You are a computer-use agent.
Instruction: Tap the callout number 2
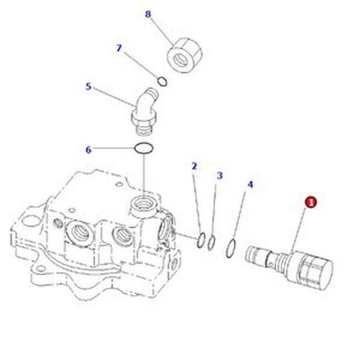coord(194,166)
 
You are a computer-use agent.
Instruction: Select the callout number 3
coord(220,175)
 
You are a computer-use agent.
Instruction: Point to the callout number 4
coord(251,184)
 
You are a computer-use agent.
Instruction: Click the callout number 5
coord(88,86)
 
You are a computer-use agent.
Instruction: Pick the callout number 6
coord(88,149)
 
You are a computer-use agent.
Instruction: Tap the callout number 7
coord(119,48)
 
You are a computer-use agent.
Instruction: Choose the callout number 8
coord(148,14)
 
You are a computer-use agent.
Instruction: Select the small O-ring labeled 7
coord(163,81)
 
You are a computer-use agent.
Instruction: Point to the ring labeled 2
coord(202,240)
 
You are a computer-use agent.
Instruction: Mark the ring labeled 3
coord(211,243)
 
